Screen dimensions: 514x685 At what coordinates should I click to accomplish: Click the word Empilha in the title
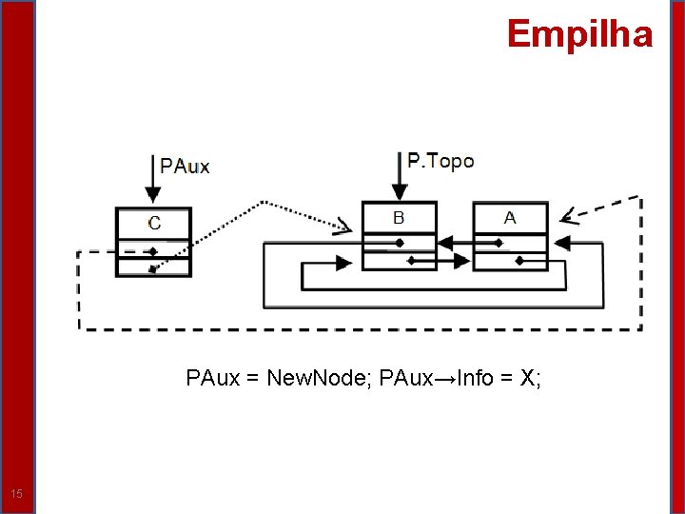tap(579, 34)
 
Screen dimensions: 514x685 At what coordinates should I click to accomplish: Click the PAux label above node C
tap(185, 166)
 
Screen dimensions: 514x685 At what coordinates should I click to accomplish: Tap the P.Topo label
tap(440, 161)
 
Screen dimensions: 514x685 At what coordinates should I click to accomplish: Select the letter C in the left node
tap(154, 223)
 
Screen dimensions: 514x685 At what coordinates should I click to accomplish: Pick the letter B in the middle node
tap(399, 218)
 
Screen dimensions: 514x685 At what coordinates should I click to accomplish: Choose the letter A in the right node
tap(510, 218)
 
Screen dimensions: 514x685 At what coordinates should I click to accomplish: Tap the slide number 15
tap(16, 493)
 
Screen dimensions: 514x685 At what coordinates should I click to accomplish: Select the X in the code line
tap(527, 379)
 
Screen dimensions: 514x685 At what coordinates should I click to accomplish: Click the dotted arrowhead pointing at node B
tap(343, 226)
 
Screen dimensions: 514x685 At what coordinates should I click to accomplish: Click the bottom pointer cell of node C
tap(153, 267)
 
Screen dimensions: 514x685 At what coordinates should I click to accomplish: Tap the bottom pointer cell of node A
tap(511, 259)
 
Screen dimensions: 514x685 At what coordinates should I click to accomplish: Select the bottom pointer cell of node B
tap(399, 259)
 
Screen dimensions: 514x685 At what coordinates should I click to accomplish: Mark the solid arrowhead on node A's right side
tap(562, 244)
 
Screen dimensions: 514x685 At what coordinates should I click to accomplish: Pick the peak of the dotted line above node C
tap(264, 203)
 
